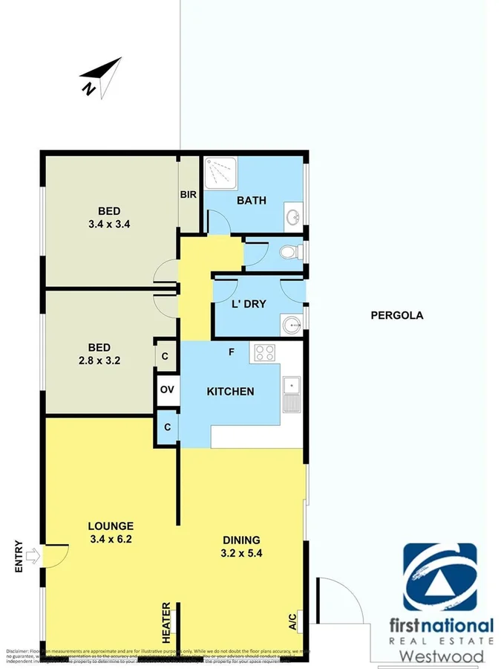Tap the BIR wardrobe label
(x=188, y=195)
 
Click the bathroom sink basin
(x=294, y=217)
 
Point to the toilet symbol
(x=289, y=253)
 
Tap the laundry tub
(x=291, y=325)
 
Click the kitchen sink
(x=292, y=394)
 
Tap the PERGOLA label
(x=396, y=315)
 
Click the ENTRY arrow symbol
(x=33, y=555)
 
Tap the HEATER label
(x=167, y=623)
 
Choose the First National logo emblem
(x=440, y=577)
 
